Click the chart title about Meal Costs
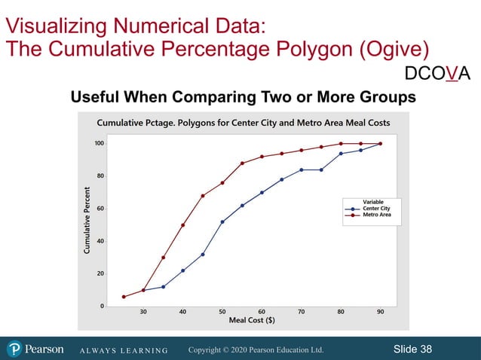pos(244,124)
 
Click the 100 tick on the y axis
pos(100,143)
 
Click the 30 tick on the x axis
pos(143,311)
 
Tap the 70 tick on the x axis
pos(301,311)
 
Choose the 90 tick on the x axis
pos(380,311)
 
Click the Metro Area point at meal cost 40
pos(183,224)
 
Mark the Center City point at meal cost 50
pos(222,221)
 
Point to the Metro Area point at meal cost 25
pos(124,297)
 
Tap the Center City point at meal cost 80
pos(341,154)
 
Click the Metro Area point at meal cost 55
pos(242,163)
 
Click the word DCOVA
pos(437,73)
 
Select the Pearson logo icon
pos(14,349)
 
